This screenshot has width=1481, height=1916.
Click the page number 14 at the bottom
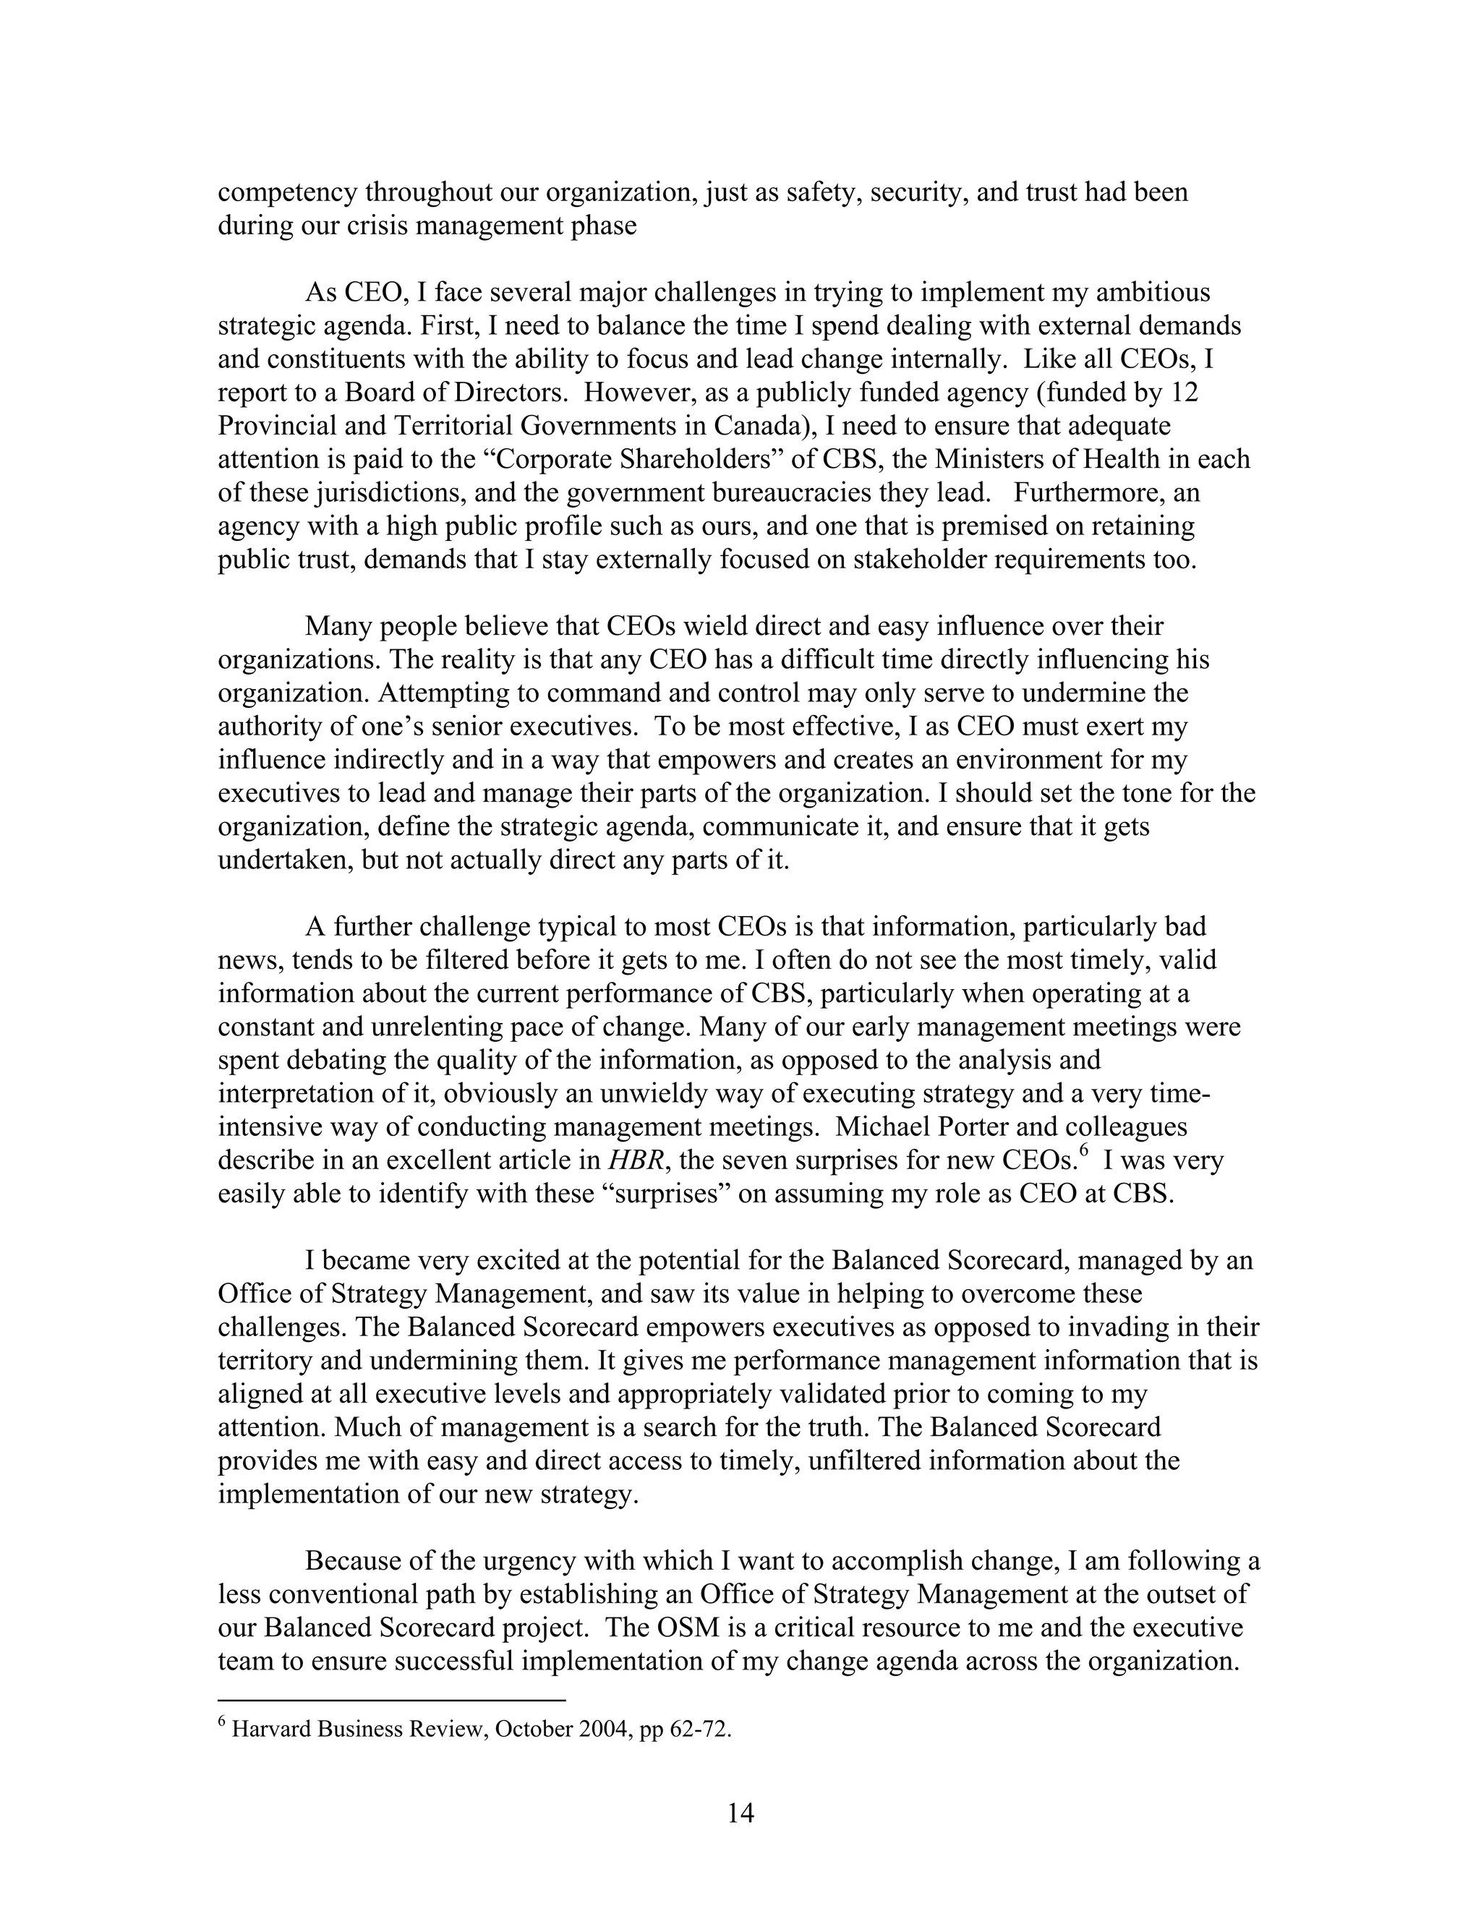tap(740, 1813)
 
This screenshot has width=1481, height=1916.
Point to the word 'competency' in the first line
tap(286, 193)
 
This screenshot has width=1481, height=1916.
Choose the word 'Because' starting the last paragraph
tap(354, 1561)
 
